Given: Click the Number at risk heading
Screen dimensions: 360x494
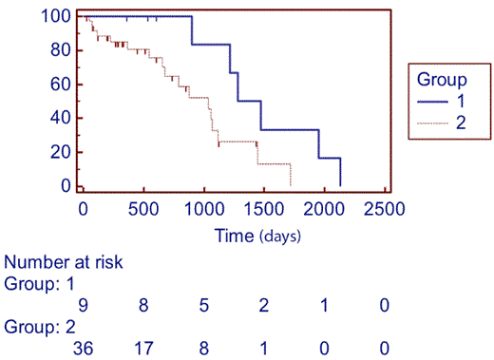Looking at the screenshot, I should [64, 262].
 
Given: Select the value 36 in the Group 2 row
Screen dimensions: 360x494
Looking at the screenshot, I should [83, 348].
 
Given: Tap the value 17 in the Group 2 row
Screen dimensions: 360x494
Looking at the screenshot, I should [143, 348].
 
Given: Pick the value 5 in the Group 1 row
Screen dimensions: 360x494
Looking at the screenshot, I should [204, 304].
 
